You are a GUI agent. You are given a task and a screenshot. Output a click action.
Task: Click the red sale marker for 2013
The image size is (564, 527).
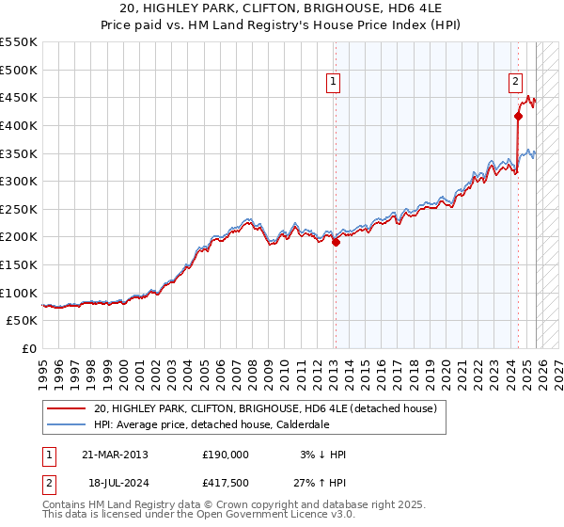click(336, 242)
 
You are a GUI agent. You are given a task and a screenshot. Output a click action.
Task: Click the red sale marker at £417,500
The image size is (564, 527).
click(518, 116)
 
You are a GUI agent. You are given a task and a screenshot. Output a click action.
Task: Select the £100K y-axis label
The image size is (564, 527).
click(19, 293)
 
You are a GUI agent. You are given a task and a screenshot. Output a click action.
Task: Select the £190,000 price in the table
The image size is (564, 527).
click(226, 455)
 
